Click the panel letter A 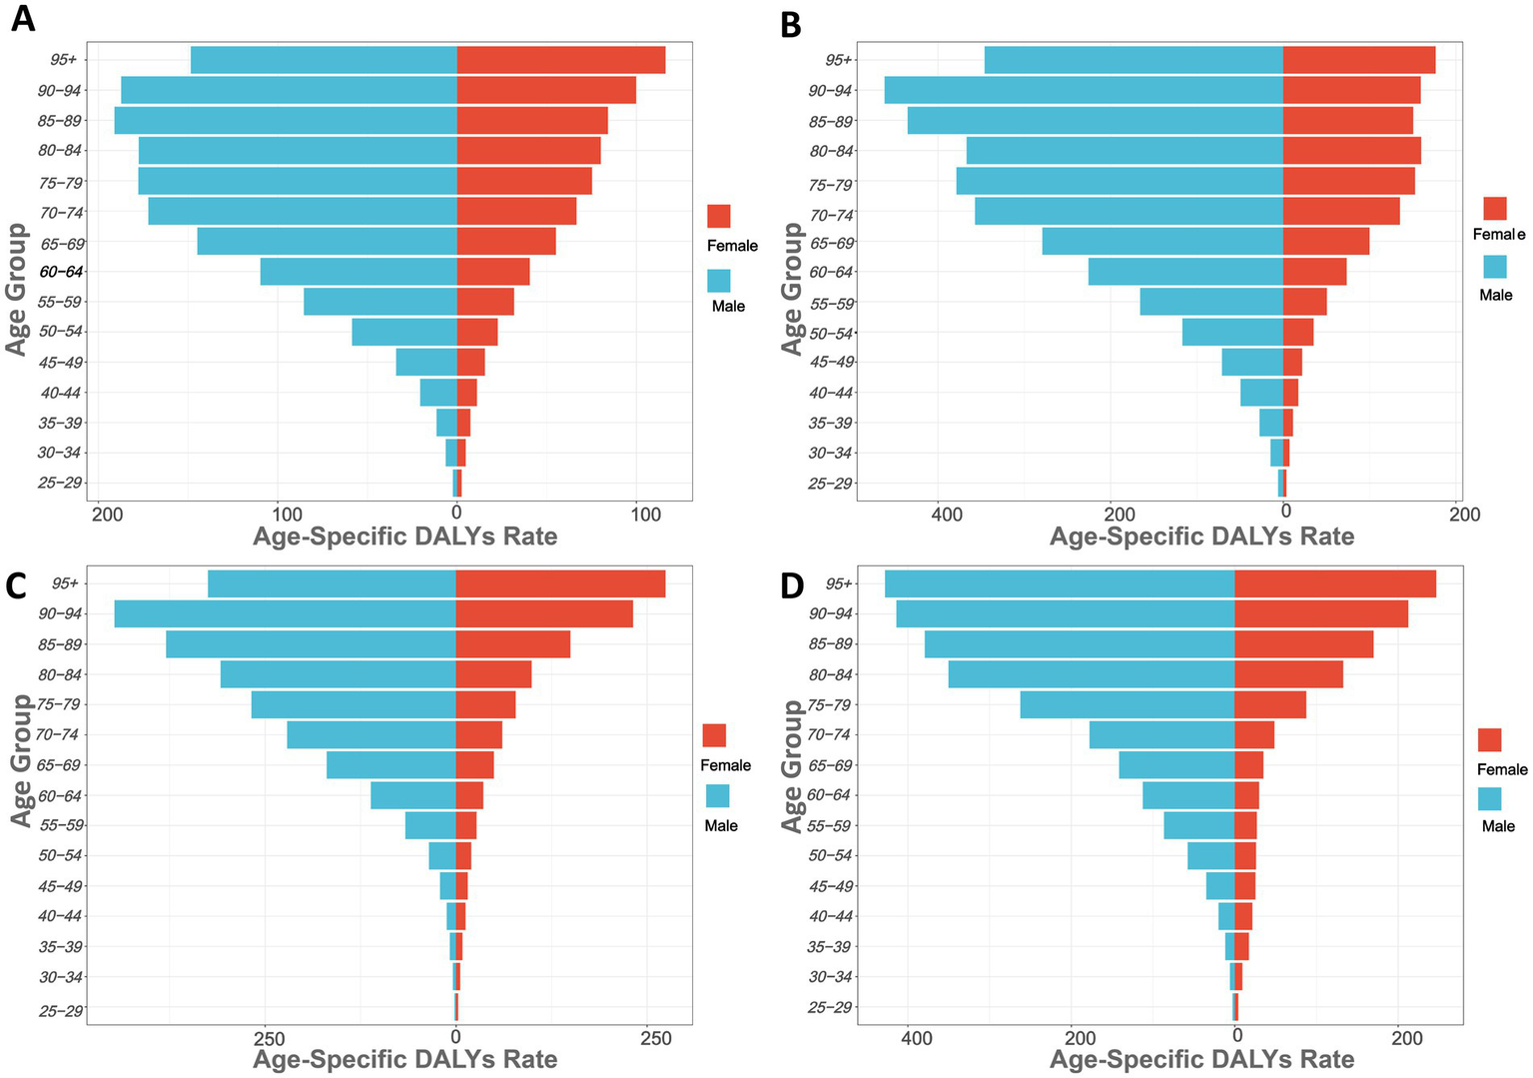tap(22, 18)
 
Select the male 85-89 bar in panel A tap(286, 121)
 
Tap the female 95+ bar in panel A tap(560, 60)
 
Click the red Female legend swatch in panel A tap(718, 217)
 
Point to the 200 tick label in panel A tap(106, 514)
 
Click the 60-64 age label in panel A tap(62, 272)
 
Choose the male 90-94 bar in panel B tap(1084, 91)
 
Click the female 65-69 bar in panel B tap(1325, 242)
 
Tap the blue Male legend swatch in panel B tap(1494, 267)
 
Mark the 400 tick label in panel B tap(947, 514)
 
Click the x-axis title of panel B tap(1201, 537)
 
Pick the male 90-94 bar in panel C tap(285, 614)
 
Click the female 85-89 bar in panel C tap(512, 644)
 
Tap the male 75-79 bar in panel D tap(1127, 705)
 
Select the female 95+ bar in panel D tap(1334, 584)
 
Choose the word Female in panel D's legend tap(1502, 769)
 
